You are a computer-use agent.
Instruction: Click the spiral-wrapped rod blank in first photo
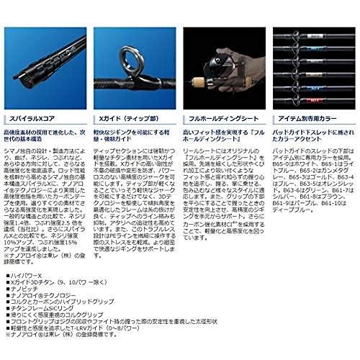[43, 58]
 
